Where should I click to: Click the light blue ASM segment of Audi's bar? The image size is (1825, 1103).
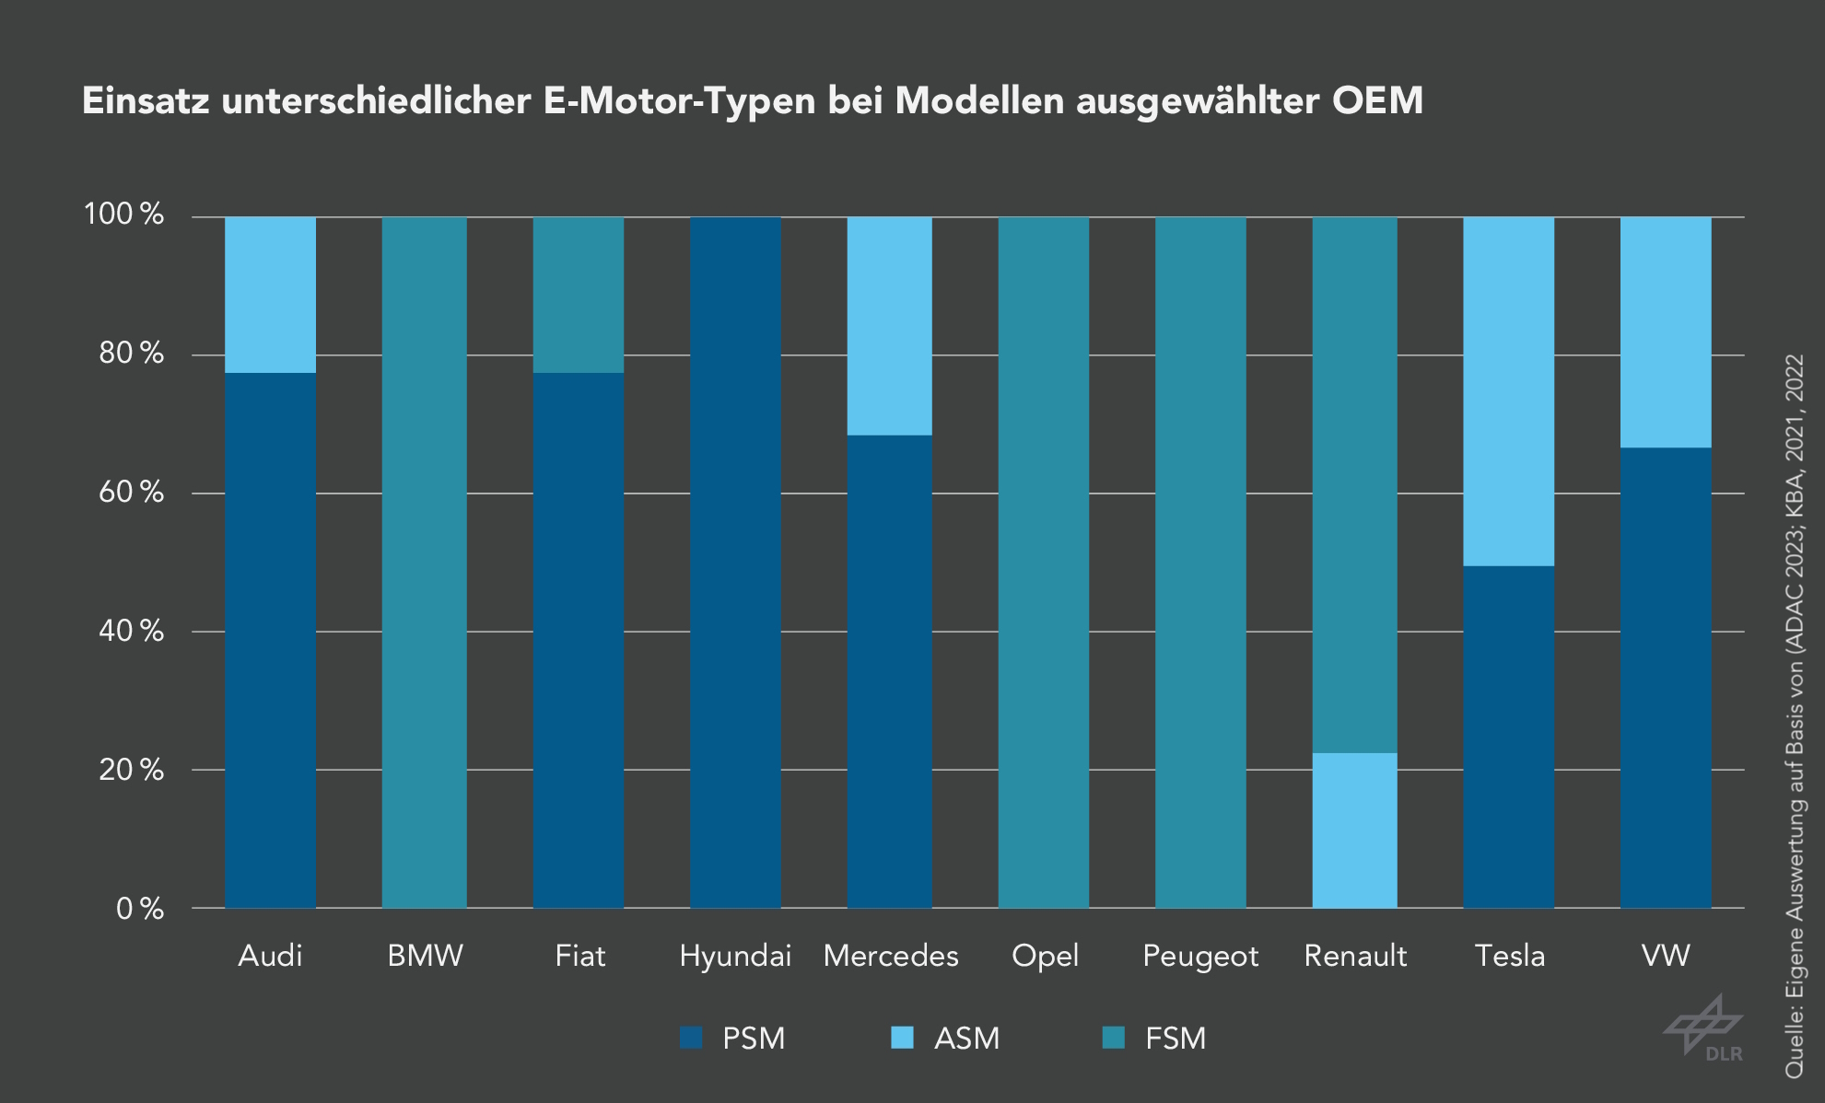[270, 295]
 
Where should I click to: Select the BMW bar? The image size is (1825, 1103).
[425, 562]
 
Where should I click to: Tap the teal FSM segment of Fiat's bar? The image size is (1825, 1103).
[579, 295]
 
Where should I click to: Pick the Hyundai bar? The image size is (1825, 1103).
[735, 562]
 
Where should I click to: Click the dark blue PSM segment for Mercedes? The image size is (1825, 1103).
[890, 672]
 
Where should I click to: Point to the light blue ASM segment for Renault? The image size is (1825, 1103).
[1354, 830]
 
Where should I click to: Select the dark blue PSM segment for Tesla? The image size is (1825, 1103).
[1509, 737]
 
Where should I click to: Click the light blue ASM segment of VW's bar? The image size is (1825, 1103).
[1666, 331]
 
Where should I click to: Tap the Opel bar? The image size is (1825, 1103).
[1044, 562]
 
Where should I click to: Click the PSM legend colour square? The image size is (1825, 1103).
[691, 1038]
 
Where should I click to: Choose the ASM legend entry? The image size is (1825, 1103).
[965, 1038]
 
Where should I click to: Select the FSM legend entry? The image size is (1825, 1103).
[1175, 1038]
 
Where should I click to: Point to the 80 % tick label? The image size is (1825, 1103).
[131, 354]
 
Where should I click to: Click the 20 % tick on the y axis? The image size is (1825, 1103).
[131, 770]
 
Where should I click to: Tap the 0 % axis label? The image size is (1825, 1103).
[139, 909]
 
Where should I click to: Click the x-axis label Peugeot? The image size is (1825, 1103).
[1199, 956]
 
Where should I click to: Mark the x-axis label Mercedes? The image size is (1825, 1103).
[890, 956]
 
